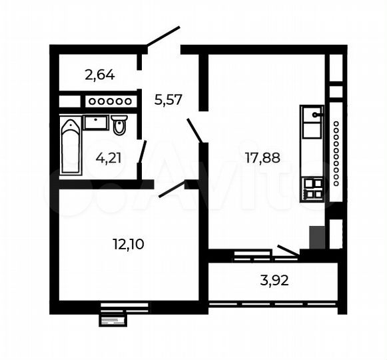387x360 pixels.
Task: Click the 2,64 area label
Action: coord(101,75)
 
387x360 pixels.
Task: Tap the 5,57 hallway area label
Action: coord(168,100)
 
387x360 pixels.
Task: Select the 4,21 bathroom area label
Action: coord(109,159)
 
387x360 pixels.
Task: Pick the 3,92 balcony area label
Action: coord(274,280)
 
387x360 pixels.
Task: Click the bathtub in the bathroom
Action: coord(70,146)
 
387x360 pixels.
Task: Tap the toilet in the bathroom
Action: coord(120,125)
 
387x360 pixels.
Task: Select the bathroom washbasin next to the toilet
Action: coord(96,122)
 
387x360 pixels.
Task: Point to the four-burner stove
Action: coord(312,190)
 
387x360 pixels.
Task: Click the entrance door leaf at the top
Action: coord(163,36)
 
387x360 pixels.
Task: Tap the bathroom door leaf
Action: coord(142,153)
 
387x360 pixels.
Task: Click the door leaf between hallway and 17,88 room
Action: coord(195,130)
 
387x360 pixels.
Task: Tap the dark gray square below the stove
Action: coord(318,237)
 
